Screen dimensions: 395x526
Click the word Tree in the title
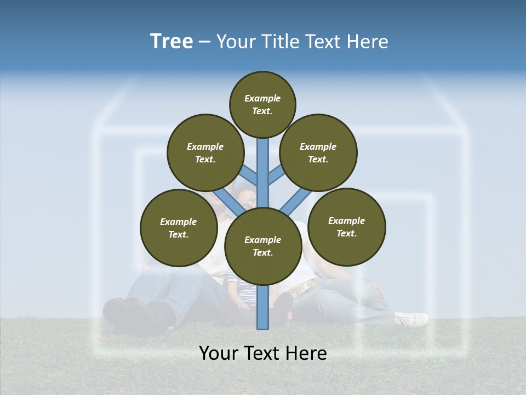[x=171, y=42]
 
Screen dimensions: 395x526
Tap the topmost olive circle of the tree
[x=262, y=104]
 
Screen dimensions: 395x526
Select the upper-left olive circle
[x=205, y=153]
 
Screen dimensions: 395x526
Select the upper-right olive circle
[x=318, y=153]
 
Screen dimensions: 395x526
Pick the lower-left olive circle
[x=179, y=228]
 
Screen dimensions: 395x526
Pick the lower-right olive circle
[x=347, y=227]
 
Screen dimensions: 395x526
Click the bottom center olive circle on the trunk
[x=263, y=246]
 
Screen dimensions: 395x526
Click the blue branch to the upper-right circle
[x=276, y=176]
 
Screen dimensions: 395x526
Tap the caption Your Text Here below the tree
[x=263, y=353]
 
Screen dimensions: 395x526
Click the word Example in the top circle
[x=262, y=98]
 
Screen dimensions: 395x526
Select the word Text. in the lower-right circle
[x=346, y=233]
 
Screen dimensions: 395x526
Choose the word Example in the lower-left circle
[x=178, y=222]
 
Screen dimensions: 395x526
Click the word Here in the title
[x=370, y=42]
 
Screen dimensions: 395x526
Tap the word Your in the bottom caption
[x=218, y=353]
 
